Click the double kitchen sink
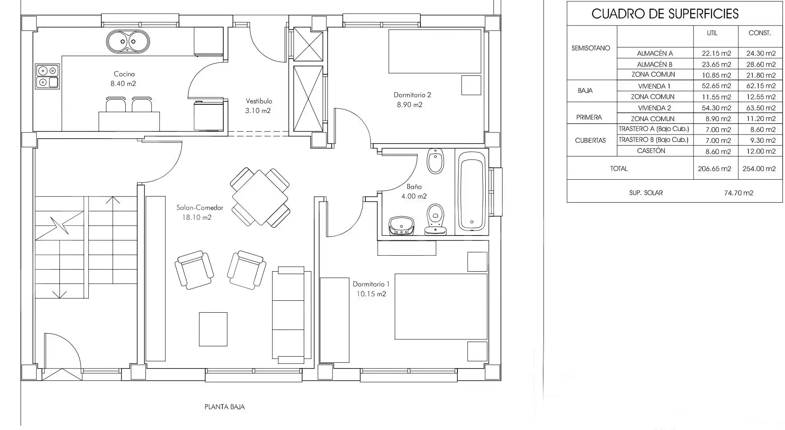128,41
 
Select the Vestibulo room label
259,101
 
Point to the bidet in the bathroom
435,161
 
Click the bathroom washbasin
401,226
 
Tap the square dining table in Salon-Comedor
260,197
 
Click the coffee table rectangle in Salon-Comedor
213,329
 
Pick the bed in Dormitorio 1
441,306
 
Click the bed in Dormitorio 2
435,51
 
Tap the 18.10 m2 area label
197,217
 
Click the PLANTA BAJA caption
225,407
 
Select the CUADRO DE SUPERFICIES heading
665,14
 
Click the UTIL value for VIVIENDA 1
714,86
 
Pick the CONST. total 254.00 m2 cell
759,169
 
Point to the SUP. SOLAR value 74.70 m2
739,193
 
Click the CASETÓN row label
651,151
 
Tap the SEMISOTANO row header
591,48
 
